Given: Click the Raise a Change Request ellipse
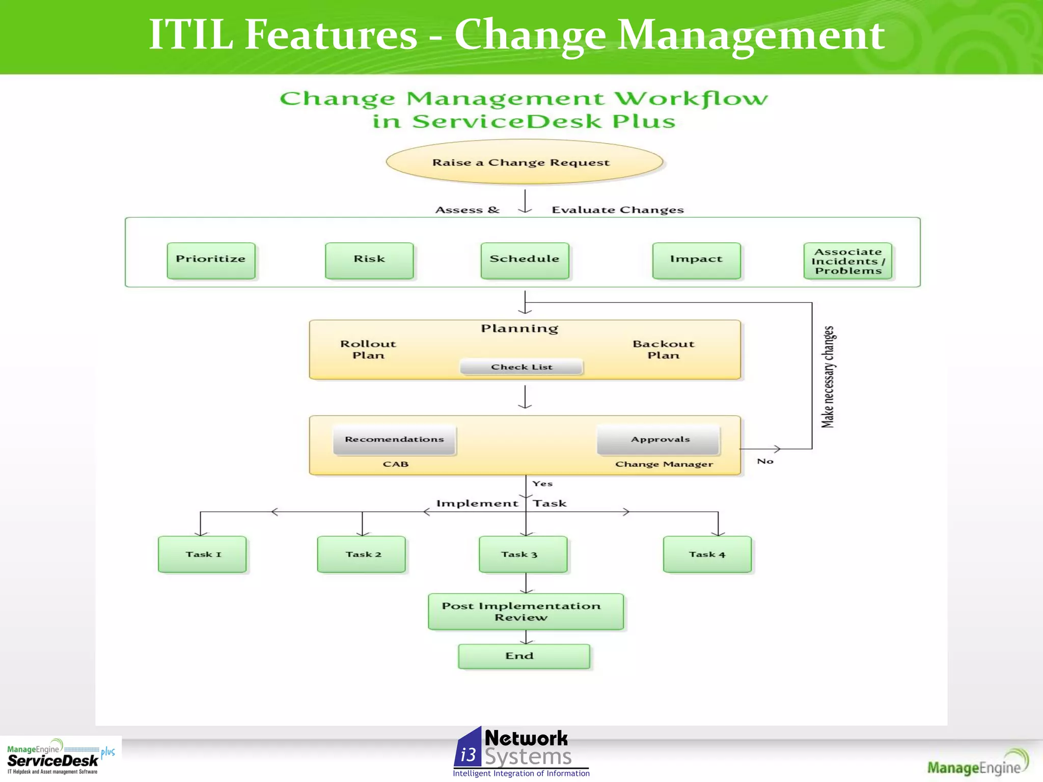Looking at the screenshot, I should [x=524, y=162].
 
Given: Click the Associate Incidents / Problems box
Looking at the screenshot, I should [x=847, y=261].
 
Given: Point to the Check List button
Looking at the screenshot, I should [x=521, y=367].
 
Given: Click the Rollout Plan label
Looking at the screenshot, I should [x=368, y=350].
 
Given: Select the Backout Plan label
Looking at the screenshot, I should [x=663, y=350].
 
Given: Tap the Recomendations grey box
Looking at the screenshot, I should [x=394, y=440].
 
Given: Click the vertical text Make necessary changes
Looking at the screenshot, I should [x=828, y=377].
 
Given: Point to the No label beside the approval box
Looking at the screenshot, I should [x=765, y=461].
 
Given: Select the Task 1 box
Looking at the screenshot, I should [x=202, y=554].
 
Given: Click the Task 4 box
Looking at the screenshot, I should [x=707, y=554].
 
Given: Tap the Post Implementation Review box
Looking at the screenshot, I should [x=525, y=611].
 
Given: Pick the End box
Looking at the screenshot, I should [x=524, y=656].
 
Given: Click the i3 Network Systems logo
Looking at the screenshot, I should [x=520, y=752].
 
